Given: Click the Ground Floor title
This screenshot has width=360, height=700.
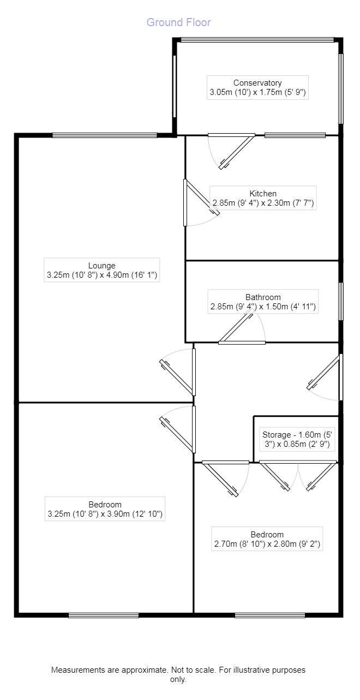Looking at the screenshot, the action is coord(178,22).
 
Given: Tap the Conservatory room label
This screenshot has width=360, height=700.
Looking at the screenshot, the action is coord(257,87).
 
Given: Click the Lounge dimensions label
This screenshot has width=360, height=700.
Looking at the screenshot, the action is coord(102,270).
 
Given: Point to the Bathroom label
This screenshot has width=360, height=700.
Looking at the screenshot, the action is coord(263,302).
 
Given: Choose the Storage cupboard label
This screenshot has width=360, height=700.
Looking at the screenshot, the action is coord(297,439).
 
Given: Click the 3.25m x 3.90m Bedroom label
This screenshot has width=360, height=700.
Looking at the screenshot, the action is coord(105,509).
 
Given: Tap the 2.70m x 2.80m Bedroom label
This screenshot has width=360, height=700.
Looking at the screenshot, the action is coord(267,539).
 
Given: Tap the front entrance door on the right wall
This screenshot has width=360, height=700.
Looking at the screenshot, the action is coord(325,377).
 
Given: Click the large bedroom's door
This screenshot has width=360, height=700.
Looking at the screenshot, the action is coord(177,429).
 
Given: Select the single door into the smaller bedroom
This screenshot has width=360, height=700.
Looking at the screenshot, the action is coord(225,478).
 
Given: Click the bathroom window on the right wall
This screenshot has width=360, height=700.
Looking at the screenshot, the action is coord(341,301).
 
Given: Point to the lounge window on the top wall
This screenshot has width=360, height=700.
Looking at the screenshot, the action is coord(105,135).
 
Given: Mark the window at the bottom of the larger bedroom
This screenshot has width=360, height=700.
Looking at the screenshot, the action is coord(104,615).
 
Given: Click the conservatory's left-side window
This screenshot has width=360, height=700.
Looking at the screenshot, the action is coord(175,87).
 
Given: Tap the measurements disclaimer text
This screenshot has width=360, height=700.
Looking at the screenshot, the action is coord(178,674).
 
